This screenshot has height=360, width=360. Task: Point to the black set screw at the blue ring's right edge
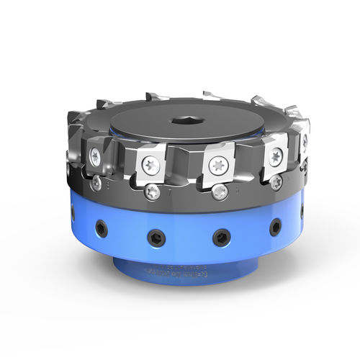tap(301, 210)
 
